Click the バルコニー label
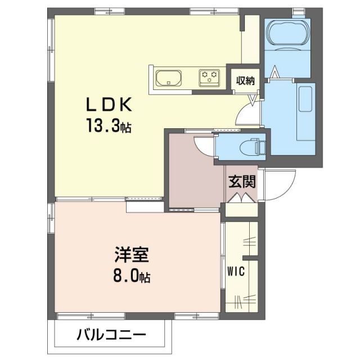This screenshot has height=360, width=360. click(x=111, y=336)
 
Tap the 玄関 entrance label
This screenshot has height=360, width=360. click(x=242, y=181)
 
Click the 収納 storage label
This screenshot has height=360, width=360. click(x=245, y=80)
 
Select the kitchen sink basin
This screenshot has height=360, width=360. click(x=167, y=78)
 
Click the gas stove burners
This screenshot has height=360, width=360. click(x=209, y=77)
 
